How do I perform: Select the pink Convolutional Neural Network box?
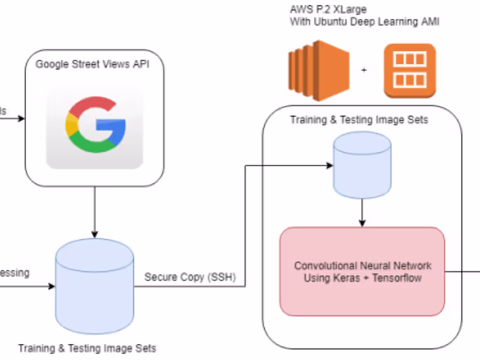tap(362, 271)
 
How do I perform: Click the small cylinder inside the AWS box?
tap(362, 165)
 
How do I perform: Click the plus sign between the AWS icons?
tap(364, 70)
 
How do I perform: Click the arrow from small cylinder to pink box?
tap(362, 213)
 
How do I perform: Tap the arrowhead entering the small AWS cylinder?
tap(330, 164)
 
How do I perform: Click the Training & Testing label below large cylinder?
tap(87, 348)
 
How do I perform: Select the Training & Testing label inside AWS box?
tap(359, 120)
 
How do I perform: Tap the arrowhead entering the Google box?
tap(22, 118)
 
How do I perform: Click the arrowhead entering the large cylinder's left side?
tap(51, 286)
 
